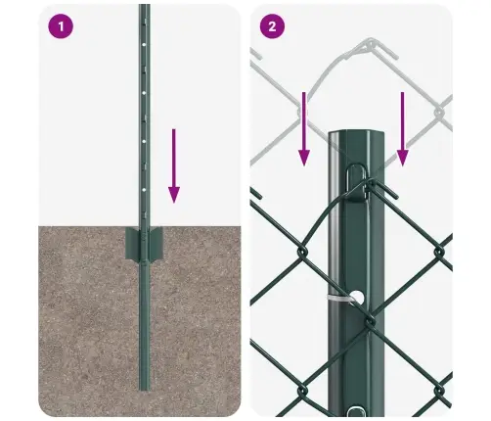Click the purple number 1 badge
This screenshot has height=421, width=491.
pyautogui.click(x=62, y=26)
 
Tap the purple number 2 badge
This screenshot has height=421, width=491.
pyautogui.click(x=273, y=26)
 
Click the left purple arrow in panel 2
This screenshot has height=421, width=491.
pyautogui.click(x=303, y=127)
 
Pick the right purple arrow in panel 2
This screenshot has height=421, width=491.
pyautogui.click(x=401, y=127)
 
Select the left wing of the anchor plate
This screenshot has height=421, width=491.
pyautogui.click(x=131, y=245)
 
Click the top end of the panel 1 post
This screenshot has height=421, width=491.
pyautogui.click(x=144, y=8)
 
